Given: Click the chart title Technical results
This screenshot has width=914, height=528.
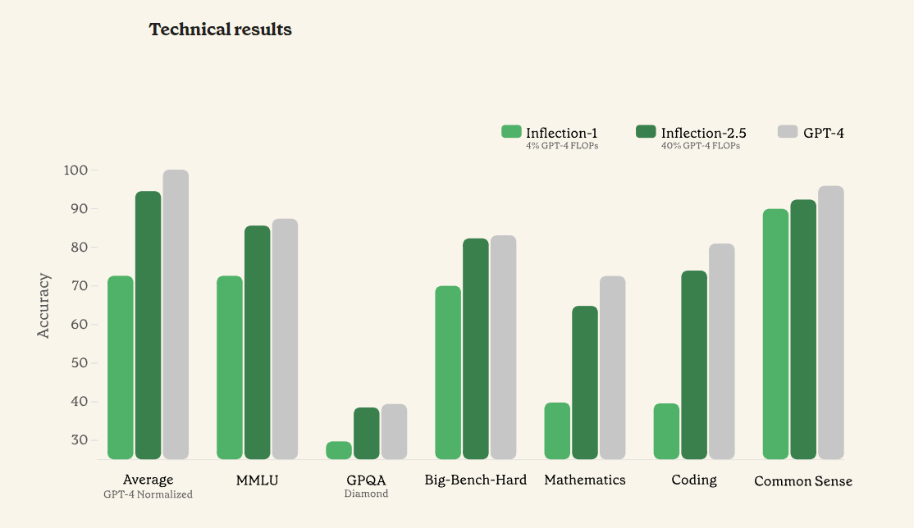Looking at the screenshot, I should tap(220, 30).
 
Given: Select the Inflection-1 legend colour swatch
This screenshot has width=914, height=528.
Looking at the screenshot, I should tap(511, 131).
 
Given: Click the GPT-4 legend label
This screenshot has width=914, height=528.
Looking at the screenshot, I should tap(823, 133).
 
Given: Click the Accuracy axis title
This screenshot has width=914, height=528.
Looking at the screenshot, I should tap(44, 306).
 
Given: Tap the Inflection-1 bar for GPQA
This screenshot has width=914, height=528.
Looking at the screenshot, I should tap(339, 450).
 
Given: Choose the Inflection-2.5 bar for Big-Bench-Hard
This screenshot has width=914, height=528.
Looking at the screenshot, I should tap(476, 348).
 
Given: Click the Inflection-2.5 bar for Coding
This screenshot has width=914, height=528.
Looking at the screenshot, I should tap(694, 365).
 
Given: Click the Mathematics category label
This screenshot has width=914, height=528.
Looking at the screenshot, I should tap(585, 480).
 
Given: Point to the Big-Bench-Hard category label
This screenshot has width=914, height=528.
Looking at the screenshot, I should tap(476, 480).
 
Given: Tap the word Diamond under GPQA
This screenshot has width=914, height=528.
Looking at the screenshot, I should tap(366, 494).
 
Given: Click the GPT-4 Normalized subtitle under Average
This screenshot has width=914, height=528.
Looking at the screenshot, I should tap(148, 494).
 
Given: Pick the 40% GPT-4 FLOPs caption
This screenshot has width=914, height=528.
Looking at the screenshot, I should tap(701, 146).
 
